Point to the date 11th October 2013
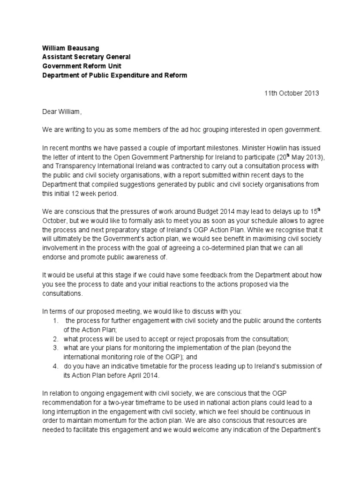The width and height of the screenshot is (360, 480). [x=292, y=93]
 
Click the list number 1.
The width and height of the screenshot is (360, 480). [x=55, y=321]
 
